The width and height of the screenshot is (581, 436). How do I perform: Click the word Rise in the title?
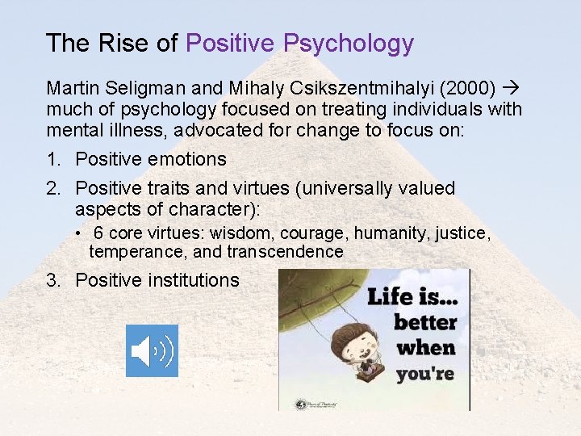127,44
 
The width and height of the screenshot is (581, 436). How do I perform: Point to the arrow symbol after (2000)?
512,86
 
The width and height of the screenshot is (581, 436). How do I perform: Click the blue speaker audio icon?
152,350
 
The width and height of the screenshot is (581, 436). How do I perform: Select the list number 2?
53,188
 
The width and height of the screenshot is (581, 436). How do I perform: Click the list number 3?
53,280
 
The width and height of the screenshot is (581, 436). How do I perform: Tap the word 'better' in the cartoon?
425,322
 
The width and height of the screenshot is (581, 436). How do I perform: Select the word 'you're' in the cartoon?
425,374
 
